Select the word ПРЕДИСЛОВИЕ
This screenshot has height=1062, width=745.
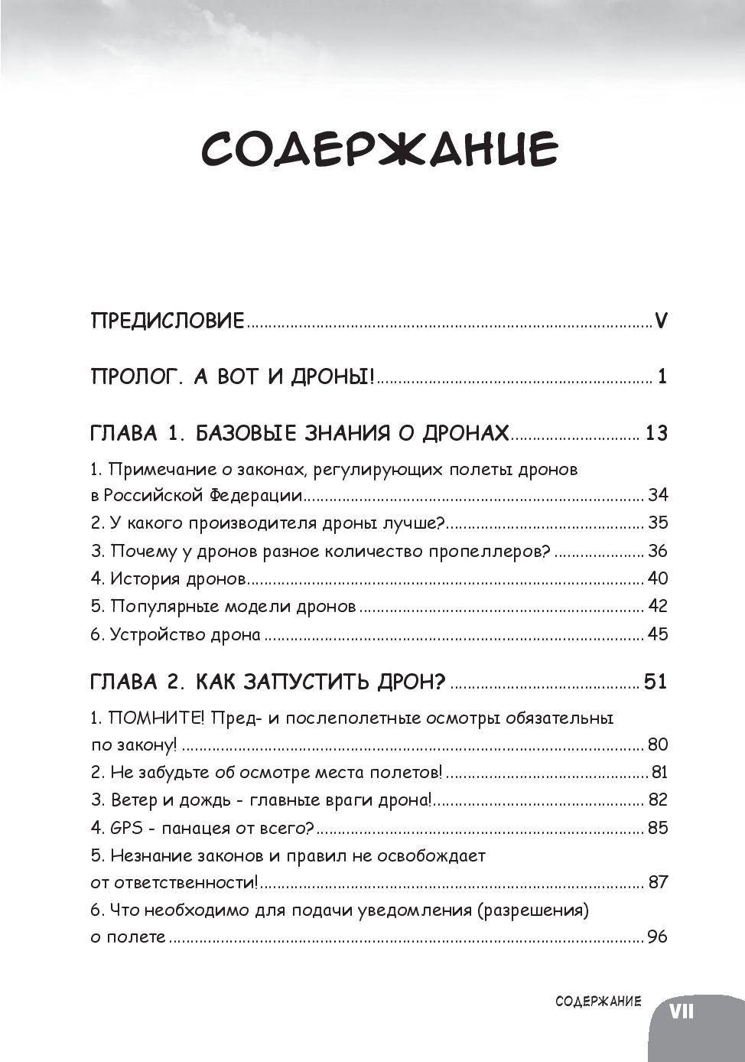click(x=167, y=320)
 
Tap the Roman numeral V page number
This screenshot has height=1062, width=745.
click(x=662, y=320)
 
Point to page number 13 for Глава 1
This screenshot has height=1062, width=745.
click(x=656, y=433)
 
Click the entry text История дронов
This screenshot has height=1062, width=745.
click(x=177, y=578)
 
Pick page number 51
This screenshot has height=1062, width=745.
click(x=656, y=681)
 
